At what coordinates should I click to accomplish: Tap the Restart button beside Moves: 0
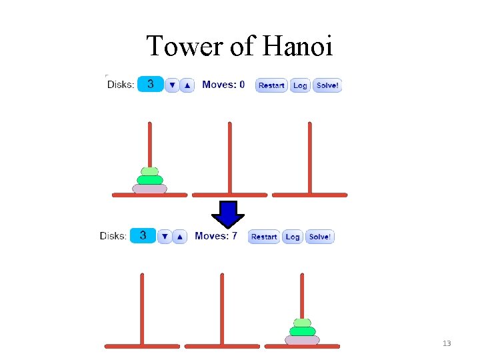point(271,85)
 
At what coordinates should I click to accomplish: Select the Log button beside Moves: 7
point(293,237)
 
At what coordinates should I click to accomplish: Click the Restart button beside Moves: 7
point(264,237)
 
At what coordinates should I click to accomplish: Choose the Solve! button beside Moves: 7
point(320,237)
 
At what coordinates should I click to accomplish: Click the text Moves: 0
point(223,85)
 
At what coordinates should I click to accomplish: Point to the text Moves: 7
point(216,236)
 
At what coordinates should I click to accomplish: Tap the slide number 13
point(447,343)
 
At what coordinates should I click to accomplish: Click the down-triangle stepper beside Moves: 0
point(172,85)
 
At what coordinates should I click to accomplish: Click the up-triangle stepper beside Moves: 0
point(187,85)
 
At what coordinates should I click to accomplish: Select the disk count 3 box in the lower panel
point(143,235)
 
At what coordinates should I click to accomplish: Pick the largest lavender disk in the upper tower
point(149,189)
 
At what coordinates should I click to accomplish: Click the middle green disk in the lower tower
point(302,331)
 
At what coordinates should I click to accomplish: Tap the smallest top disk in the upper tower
point(149,171)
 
